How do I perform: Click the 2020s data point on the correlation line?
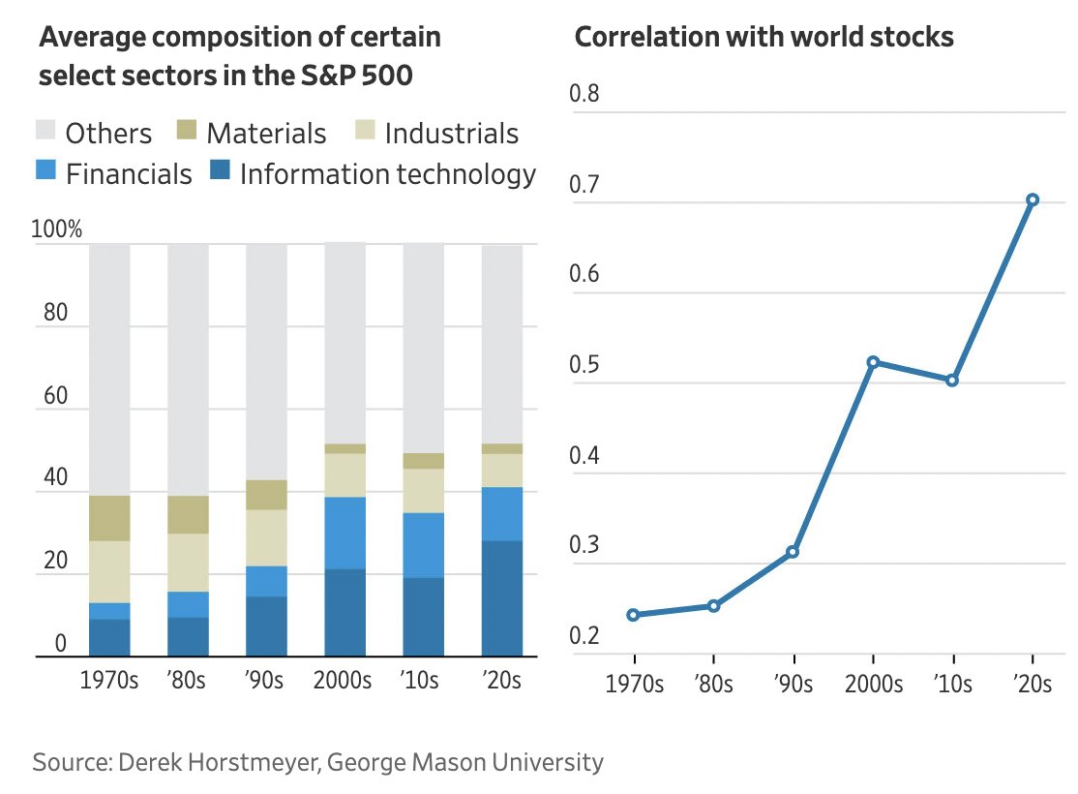tap(1033, 199)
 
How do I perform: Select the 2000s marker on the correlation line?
tap(873, 362)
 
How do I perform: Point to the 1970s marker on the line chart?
tap(633, 615)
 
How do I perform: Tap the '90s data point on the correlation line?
tap(794, 552)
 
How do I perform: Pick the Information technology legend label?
tap(387, 174)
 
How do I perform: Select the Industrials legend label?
tap(452, 133)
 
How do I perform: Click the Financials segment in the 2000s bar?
tap(344, 533)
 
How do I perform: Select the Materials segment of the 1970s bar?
tap(109, 518)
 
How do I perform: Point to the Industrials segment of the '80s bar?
tap(188, 563)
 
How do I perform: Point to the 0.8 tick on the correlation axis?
tap(586, 95)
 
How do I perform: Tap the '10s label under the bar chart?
tap(423, 680)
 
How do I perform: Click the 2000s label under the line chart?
tap(873, 684)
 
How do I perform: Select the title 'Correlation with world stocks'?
tap(764, 37)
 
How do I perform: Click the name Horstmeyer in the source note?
tap(254, 762)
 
